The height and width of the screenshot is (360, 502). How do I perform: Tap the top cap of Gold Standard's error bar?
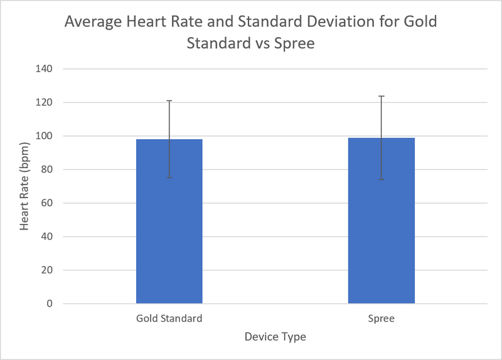point(169,100)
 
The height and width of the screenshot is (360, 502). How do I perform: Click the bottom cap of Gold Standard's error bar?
point(169,177)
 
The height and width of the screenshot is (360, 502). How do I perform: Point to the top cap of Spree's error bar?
point(381,96)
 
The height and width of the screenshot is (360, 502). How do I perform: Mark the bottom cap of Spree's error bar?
point(381,179)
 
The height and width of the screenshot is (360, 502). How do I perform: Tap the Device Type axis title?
point(275,337)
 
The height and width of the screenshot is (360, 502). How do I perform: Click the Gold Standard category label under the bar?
point(169,318)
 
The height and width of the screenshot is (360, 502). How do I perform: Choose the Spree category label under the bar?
point(381,318)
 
